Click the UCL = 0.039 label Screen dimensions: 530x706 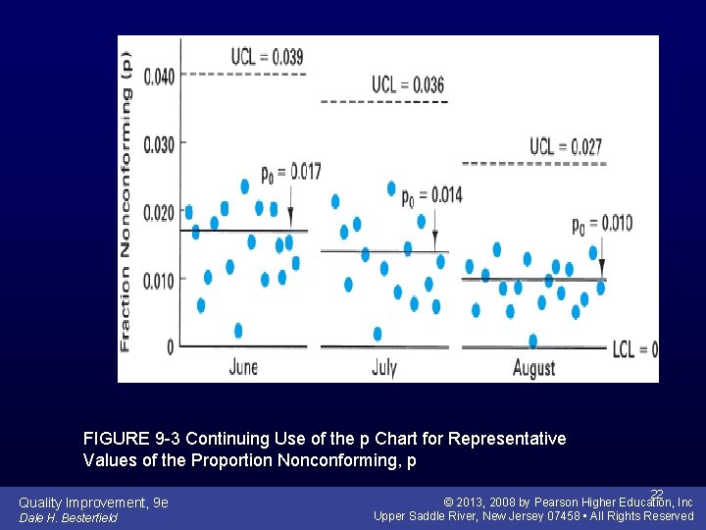pyautogui.click(x=267, y=57)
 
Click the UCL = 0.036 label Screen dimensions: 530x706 pyautogui.click(x=407, y=85)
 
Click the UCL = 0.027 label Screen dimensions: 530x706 pyautogui.click(x=566, y=147)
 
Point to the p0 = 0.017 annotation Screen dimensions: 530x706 pyautogui.click(x=291, y=174)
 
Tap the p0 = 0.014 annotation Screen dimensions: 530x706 pyautogui.click(x=431, y=195)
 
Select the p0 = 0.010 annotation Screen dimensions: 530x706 pyautogui.click(x=602, y=224)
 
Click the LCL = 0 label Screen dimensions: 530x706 pyautogui.click(x=634, y=348)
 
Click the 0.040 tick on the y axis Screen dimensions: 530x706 pyautogui.click(x=159, y=76)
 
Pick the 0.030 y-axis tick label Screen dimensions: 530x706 pyautogui.click(x=159, y=144)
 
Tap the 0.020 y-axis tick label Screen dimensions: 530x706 pyautogui.click(x=159, y=213)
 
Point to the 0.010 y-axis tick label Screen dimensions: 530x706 pyautogui.click(x=159, y=282)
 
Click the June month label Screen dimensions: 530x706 pyautogui.click(x=243, y=367)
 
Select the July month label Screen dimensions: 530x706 pyautogui.click(x=384, y=368)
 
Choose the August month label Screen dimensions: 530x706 pyautogui.click(x=533, y=368)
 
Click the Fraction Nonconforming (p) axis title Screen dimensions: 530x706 pyautogui.click(x=126, y=206)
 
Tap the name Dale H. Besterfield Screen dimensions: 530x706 pyautogui.click(x=68, y=518)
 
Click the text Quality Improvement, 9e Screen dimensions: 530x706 pyautogui.click(x=93, y=503)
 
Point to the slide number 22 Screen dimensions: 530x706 pyautogui.click(x=657, y=494)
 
